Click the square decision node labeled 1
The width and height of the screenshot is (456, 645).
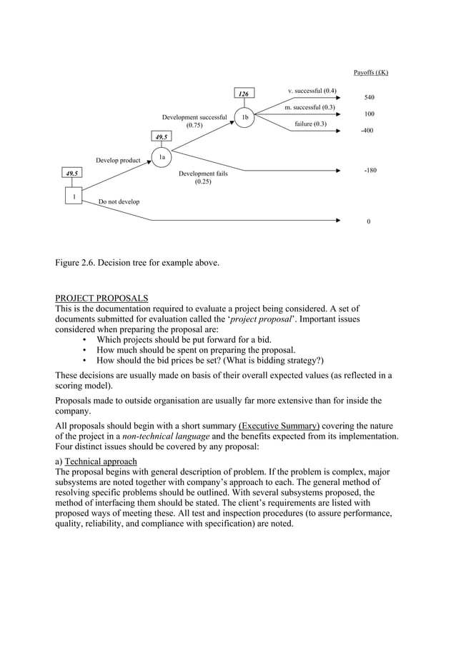point(71,196)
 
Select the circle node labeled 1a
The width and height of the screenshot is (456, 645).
point(162,157)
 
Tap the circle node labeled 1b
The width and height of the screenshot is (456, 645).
point(244,117)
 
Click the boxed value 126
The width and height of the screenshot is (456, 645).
point(244,94)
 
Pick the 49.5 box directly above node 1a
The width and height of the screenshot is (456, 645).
point(162,136)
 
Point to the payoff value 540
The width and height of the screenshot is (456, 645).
point(370,97)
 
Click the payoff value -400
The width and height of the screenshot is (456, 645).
point(368,131)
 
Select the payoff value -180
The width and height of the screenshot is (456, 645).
point(370,171)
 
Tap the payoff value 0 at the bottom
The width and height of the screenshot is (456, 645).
point(369,221)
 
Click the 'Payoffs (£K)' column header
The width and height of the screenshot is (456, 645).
point(371,73)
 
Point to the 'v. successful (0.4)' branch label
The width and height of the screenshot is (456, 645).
point(312,91)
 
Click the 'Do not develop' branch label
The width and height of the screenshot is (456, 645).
point(119,202)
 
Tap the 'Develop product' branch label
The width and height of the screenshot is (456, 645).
point(118,161)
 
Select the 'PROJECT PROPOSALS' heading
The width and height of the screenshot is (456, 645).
point(102,298)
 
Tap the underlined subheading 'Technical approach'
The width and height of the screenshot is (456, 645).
point(101,461)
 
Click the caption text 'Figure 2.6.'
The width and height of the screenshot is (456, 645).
point(79,263)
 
